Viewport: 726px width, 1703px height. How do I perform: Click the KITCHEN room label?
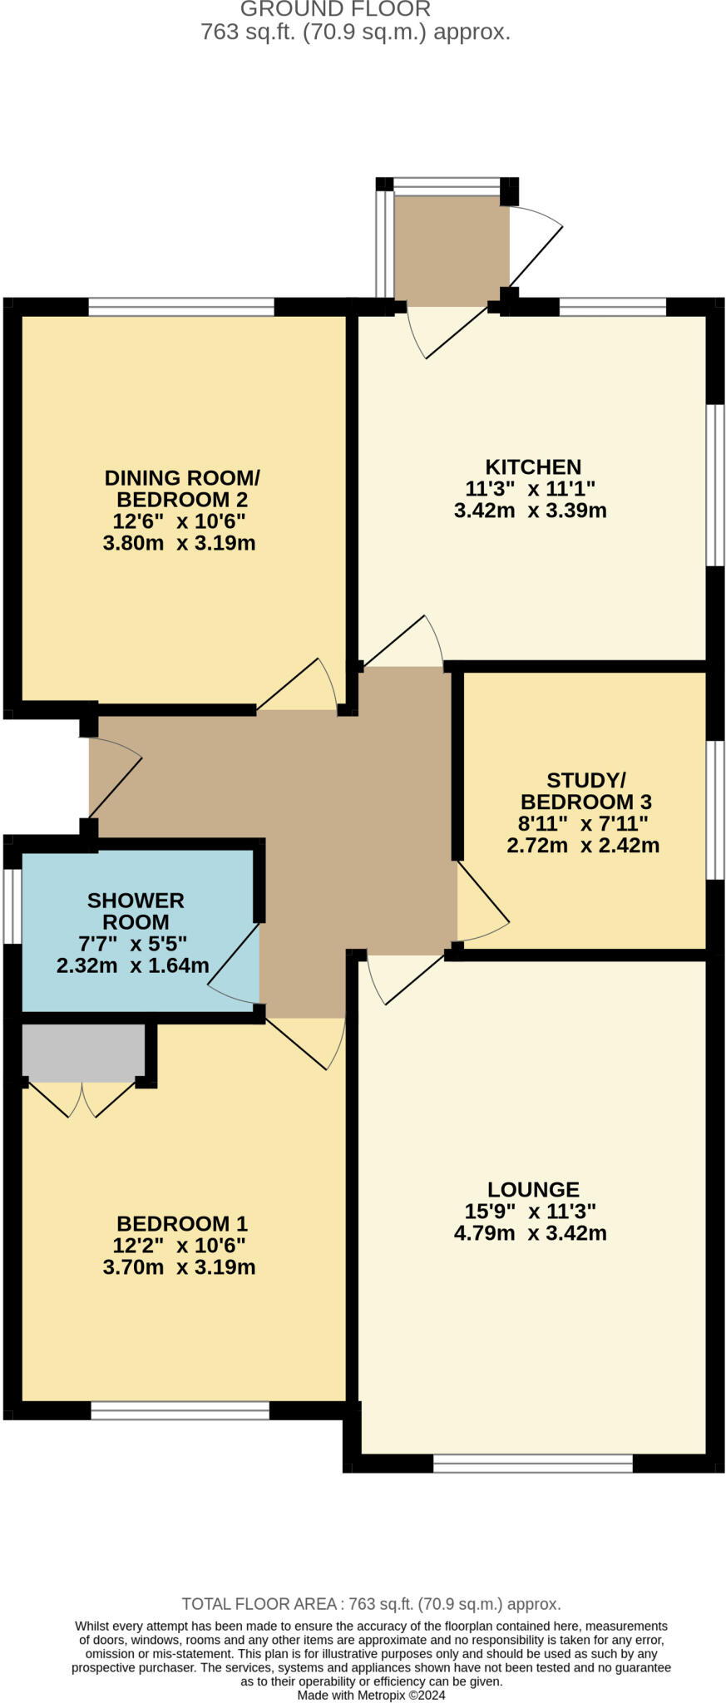[532, 466]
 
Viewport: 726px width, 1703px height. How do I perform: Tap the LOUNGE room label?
[532, 1189]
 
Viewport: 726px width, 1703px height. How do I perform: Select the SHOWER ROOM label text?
[136, 911]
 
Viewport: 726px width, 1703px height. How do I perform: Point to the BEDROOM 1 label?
[182, 1223]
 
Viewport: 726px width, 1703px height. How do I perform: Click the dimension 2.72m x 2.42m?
[582, 846]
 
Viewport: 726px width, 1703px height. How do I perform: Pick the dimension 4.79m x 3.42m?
[530, 1232]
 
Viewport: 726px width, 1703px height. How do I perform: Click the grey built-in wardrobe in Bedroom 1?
[83, 1052]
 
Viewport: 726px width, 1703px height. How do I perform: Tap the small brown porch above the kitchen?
[451, 246]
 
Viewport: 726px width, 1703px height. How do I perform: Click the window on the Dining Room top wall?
[181, 307]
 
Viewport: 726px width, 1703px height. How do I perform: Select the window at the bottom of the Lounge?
[532, 1464]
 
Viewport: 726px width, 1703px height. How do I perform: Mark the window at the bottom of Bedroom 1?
[180, 1410]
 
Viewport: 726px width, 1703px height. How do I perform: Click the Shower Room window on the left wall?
[11, 906]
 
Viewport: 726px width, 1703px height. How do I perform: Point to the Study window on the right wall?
[715, 810]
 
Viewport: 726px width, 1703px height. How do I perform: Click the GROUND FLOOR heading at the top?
[335, 10]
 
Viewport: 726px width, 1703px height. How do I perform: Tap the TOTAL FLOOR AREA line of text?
[371, 1604]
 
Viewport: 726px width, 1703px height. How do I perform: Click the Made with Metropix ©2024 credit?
[371, 1695]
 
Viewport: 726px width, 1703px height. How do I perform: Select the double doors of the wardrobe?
[81, 1098]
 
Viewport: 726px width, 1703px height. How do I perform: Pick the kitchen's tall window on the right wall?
[715, 486]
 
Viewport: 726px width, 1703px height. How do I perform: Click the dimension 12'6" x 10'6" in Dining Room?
[179, 521]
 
